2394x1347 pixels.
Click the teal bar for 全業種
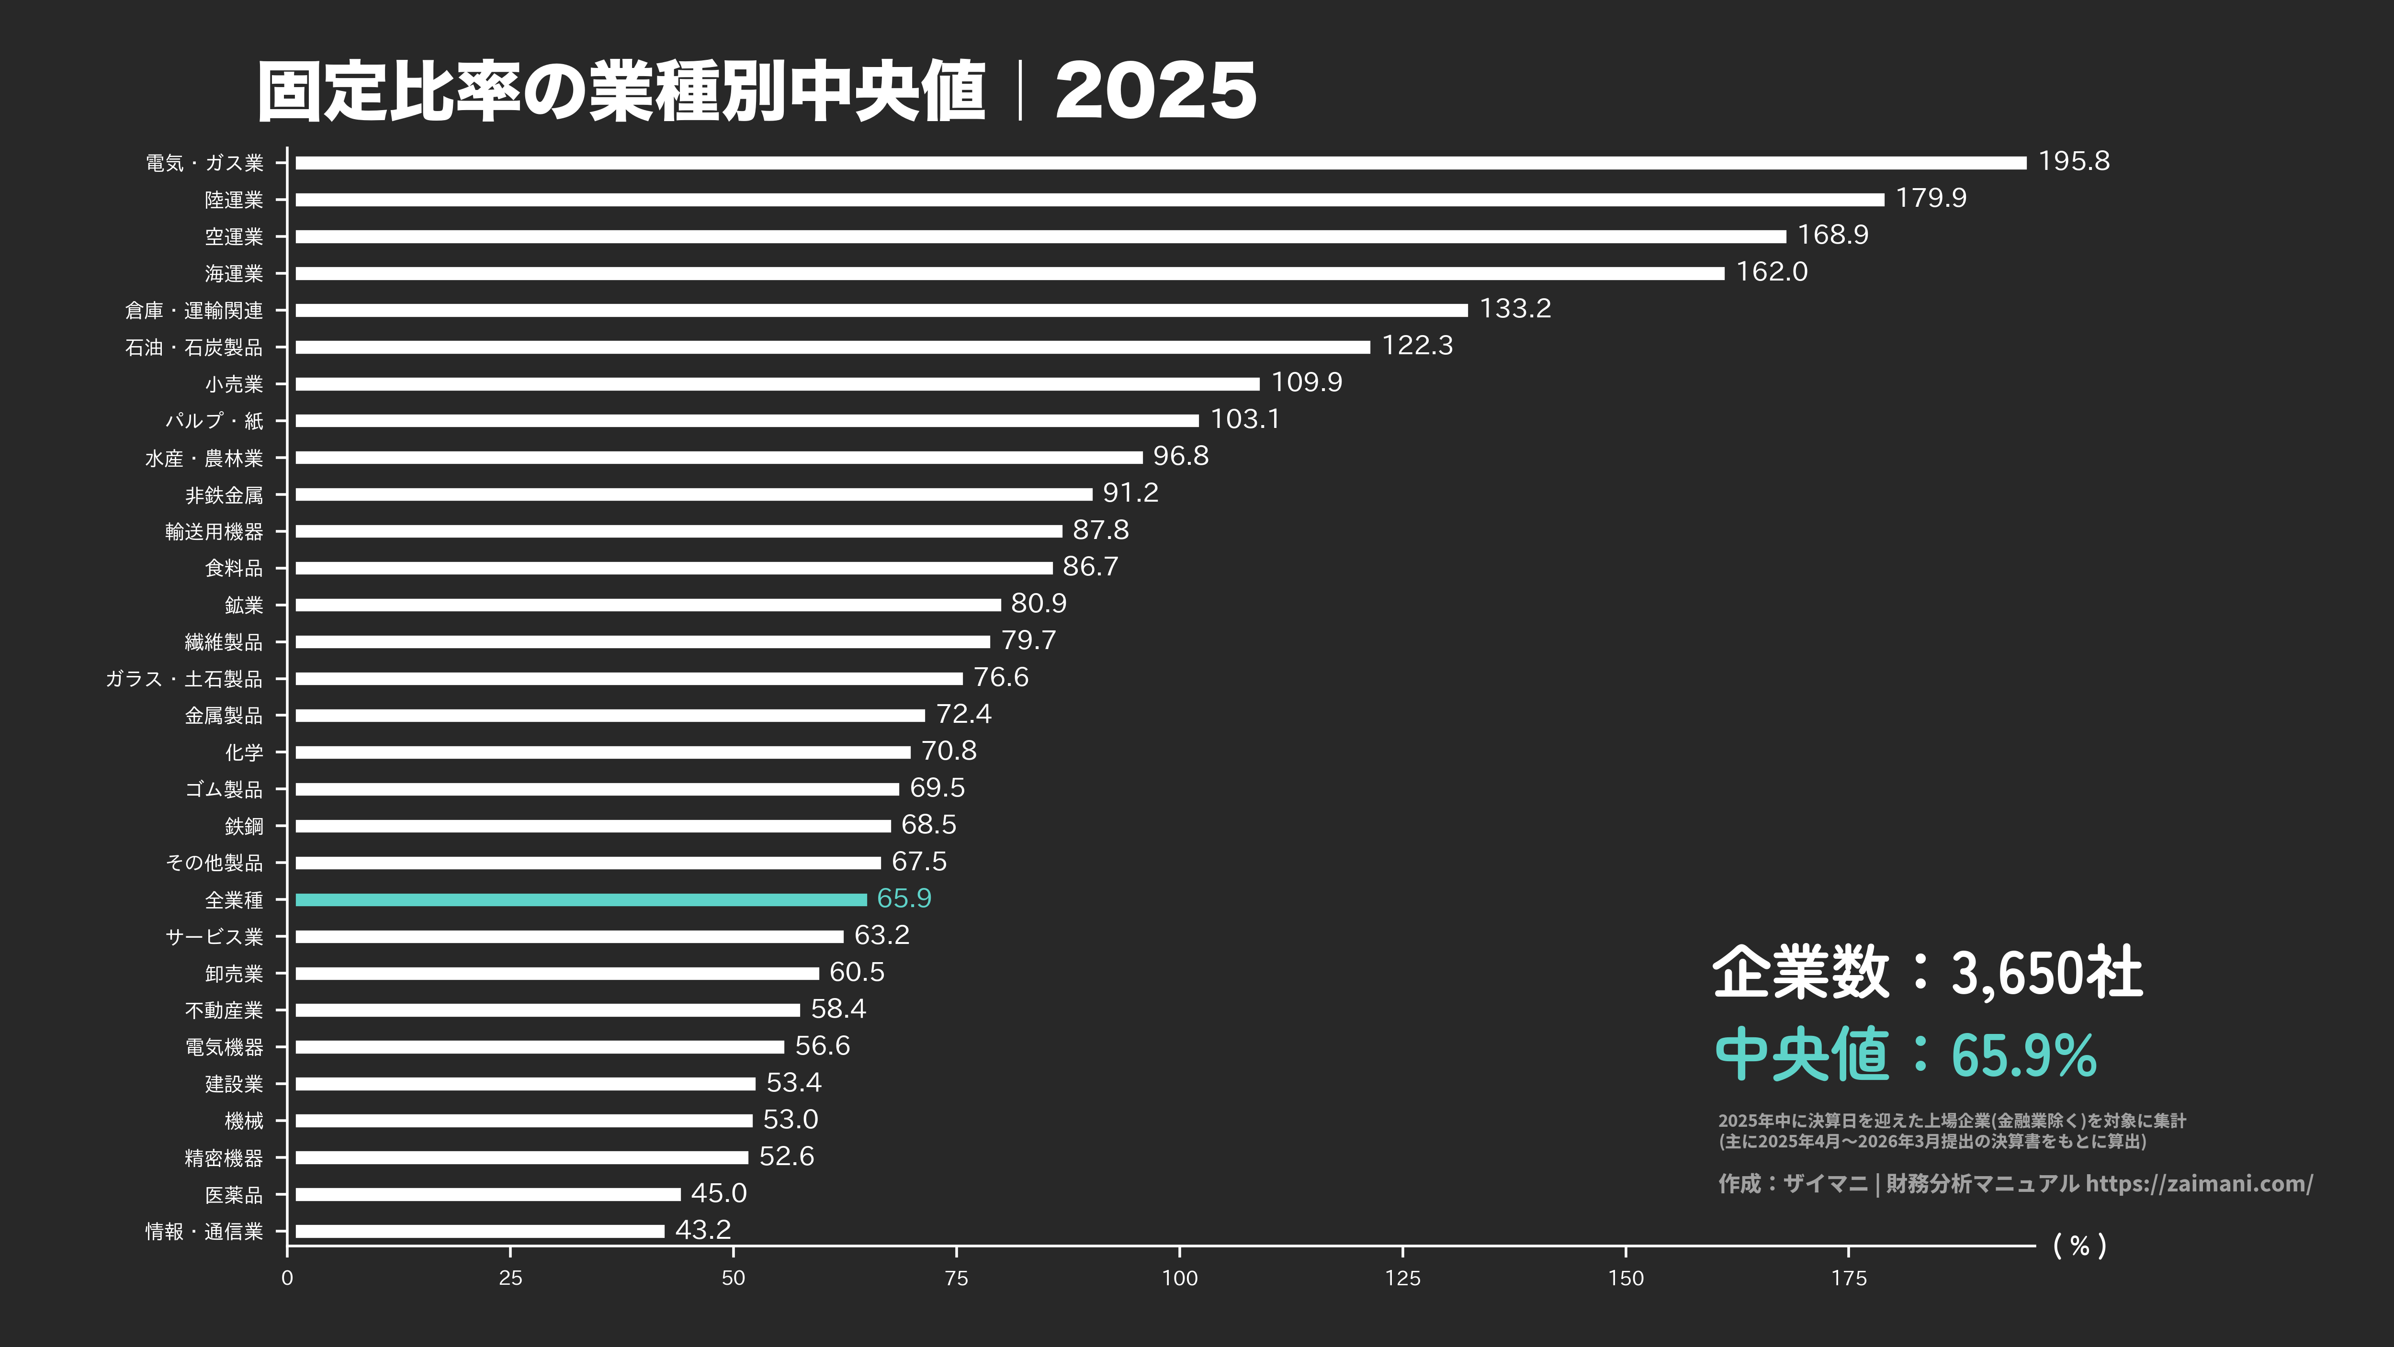tap(581, 899)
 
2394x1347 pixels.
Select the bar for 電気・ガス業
tap(1160, 163)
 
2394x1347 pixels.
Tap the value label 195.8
tap(2073, 162)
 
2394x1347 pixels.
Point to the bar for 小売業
tap(777, 384)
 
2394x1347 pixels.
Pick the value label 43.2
tap(702, 1230)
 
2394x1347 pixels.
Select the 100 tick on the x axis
tap(1179, 1278)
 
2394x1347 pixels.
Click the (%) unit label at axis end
tap(2079, 1246)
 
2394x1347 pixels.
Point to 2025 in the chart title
tap(1155, 91)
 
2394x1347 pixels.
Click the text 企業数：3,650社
tap(1927, 973)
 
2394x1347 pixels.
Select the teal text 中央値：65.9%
tap(1905, 1055)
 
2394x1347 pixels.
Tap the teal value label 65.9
tap(903, 898)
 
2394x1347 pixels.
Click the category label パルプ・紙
tap(214, 421)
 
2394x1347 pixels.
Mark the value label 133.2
tap(1515, 308)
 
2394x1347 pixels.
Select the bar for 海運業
tap(1009, 273)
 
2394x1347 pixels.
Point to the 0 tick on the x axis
tap(287, 1278)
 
